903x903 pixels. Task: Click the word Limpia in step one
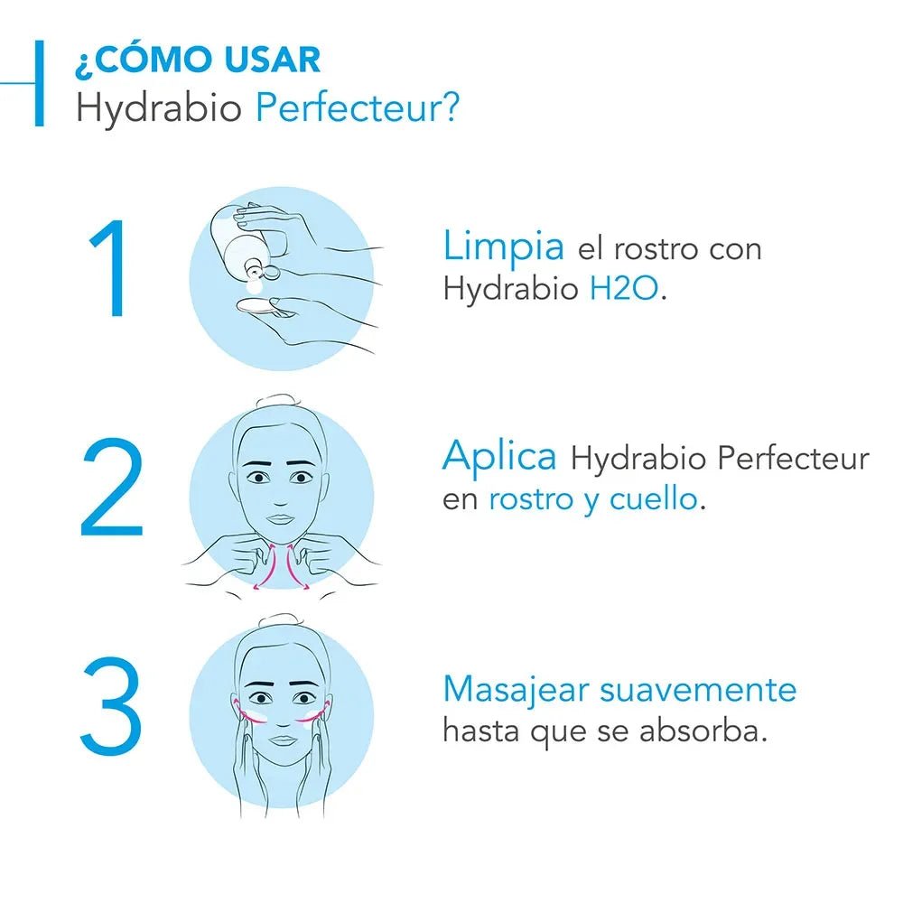(x=504, y=246)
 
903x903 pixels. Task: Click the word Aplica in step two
(x=499, y=457)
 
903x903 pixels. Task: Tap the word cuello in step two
(x=653, y=499)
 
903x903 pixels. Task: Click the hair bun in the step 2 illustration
(x=281, y=401)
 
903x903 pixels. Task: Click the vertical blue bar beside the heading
(x=39, y=83)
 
